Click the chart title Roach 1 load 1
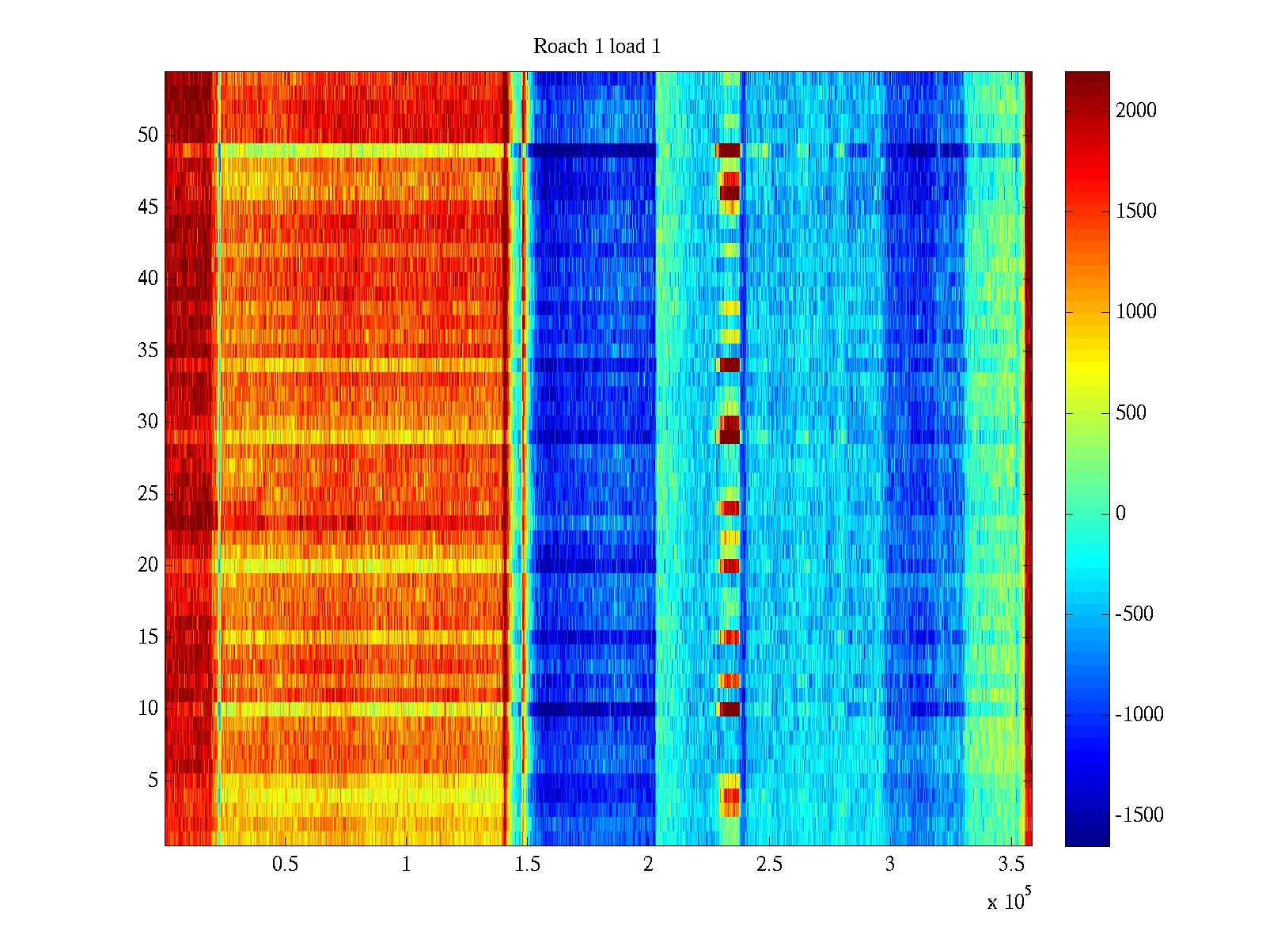(x=597, y=47)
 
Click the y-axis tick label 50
(x=148, y=135)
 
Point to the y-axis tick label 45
(x=148, y=207)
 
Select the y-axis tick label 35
(x=148, y=351)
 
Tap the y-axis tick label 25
(x=148, y=494)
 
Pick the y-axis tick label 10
(x=148, y=709)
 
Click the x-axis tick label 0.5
(x=285, y=864)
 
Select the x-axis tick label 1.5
(x=527, y=864)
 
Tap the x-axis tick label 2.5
(x=769, y=864)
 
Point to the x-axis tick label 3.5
(x=1011, y=864)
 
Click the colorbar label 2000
(x=1136, y=111)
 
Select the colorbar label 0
(x=1120, y=514)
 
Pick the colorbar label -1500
(x=1139, y=815)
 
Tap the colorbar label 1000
(x=1136, y=312)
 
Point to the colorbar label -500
(x=1135, y=614)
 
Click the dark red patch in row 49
(x=729, y=150)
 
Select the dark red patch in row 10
(x=729, y=709)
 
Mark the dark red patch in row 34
(x=729, y=365)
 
